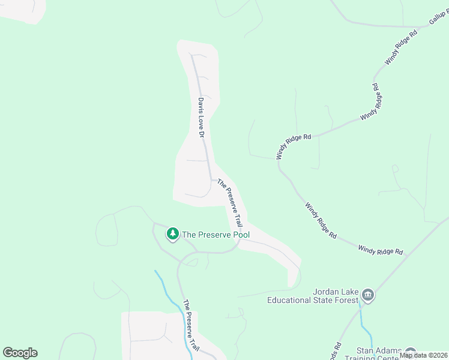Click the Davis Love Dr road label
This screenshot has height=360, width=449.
click(x=202, y=119)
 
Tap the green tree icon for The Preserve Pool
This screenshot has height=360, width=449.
click(x=173, y=233)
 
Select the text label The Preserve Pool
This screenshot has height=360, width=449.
click(x=215, y=235)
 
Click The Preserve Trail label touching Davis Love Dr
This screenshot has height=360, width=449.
click(x=230, y=202)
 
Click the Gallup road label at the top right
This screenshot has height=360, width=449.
click(x=439, y=16)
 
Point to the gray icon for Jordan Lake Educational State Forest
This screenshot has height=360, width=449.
click(x=367, y=295)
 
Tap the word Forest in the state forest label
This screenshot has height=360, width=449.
click(x=345, y=300)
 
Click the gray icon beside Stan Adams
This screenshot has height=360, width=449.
click(x=411, y=352)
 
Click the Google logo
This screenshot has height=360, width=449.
click(x=20, y=353)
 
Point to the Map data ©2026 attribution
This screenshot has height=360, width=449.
click(x=424, y=355)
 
